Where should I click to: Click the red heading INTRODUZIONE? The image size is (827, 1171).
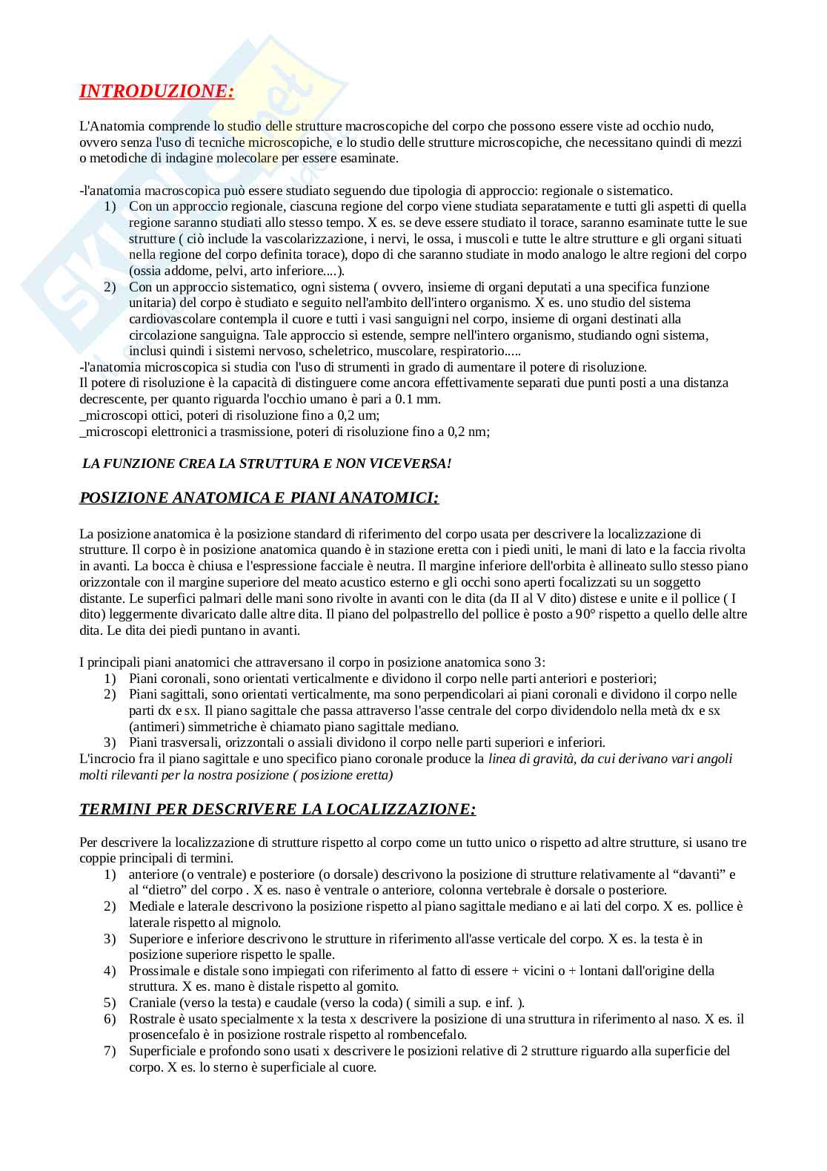tap(156, 91)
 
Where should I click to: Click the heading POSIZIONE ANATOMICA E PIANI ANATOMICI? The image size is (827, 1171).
tap(259, 498)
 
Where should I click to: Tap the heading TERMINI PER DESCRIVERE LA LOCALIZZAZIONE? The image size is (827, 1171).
tap(277, 809)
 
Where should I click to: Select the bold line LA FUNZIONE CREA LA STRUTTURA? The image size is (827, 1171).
tap(267, 464)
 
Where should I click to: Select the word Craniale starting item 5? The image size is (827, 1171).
tap(151, 1003)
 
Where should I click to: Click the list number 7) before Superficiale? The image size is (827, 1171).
tap(110, 1051)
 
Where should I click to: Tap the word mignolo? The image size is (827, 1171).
tap(256, 923)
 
